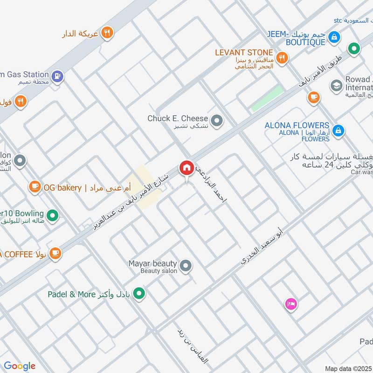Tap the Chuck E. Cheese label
(x=178, y=118)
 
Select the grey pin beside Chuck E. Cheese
(x=216, y=121)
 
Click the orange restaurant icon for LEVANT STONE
(x=281, y=58)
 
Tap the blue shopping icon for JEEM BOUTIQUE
(x=333, y=36)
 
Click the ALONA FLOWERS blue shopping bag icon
(x=339, y=130)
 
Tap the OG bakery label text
(x=62, y=187)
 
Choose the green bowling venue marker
(x=53, y=215)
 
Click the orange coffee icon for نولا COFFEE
(x=55, y=253)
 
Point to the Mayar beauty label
(x=152, y=264)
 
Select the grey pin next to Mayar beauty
(x=186, y=266)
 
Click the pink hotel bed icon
(x=291, y=304)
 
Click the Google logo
(x=19, y=366)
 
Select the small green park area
(x=267, y=98)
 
